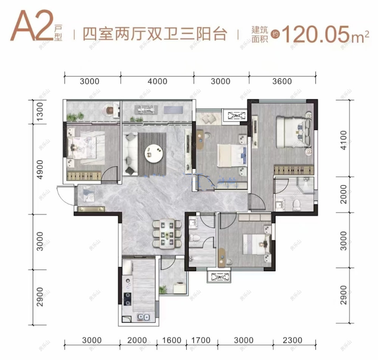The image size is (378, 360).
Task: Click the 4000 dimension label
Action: pos(157,81)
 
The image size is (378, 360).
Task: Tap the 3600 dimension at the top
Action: pos(282,81)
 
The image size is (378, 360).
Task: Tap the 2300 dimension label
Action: pos(292,340)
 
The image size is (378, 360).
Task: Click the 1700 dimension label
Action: pos(200,340)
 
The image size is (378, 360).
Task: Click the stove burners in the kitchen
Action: pos(127,298)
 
